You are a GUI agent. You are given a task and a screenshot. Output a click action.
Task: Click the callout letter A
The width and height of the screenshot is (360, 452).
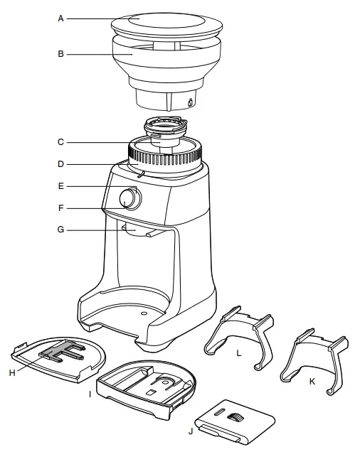[61, 18]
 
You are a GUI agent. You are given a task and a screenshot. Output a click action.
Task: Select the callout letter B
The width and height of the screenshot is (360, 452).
[61, 54]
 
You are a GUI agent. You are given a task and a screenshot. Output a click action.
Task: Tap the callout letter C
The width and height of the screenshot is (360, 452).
[61, 142]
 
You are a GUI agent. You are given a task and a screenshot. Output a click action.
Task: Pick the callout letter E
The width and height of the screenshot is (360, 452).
[61, 186]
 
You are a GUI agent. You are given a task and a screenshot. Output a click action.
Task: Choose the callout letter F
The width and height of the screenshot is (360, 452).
[61, 208]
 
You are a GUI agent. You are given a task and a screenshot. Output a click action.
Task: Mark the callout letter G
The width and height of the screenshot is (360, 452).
[61, 230]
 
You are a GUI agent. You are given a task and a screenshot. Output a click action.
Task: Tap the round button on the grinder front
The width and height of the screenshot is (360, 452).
[128, 200]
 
